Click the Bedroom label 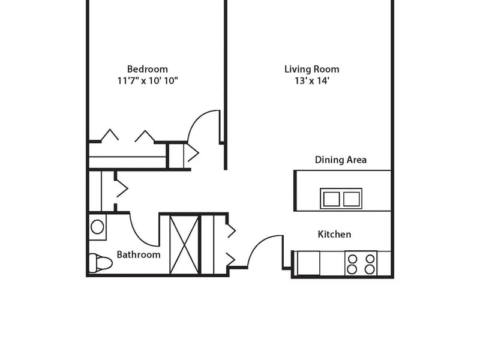tap(147, 69)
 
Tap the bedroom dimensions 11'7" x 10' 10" tap(148, 81)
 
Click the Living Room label tap(311, 69)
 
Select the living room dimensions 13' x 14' tap(311, 81)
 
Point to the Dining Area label tap(341, 160)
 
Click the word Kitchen tap(334, 234)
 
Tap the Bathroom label tap(139, 254)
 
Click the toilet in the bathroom tap(100, 263)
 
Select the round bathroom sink tap(97, 227)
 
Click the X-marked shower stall tap(184, 245)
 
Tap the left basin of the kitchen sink tap(331, 199)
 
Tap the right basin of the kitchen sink tap(351, 199)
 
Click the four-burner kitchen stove tap(361, 263)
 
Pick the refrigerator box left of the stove tap(308, 263)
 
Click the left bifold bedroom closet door tap(110, 134)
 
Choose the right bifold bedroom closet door tap(145, 136)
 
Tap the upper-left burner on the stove tap(353, 259)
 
